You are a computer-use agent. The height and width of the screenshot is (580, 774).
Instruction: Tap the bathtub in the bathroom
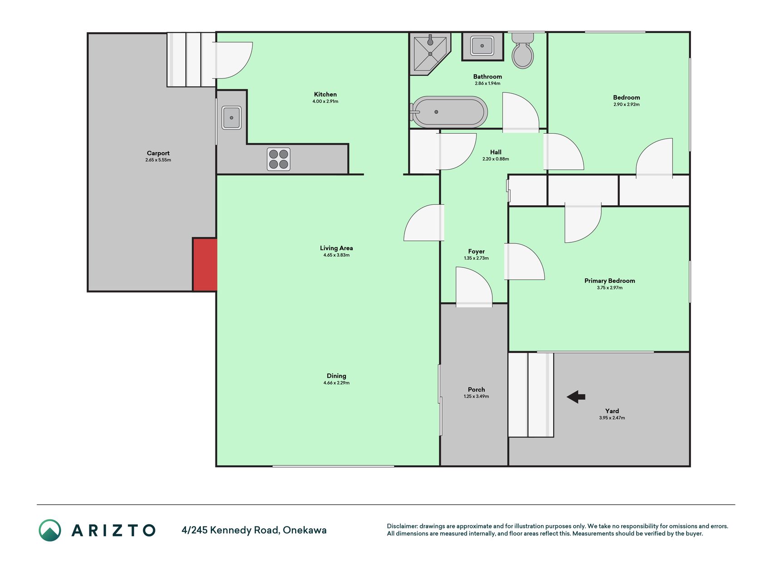[449, 112]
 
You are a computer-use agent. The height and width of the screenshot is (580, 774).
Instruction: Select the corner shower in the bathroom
[430, 53]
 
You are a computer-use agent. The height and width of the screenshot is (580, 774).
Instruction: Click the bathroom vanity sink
[482, 46]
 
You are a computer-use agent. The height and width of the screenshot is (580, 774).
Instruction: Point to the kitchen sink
[231, 118]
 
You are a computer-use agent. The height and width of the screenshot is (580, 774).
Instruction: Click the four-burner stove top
[278, 159]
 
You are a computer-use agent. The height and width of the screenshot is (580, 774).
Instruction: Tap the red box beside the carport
[205, 265]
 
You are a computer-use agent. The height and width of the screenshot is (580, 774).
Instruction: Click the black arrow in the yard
[576, 397]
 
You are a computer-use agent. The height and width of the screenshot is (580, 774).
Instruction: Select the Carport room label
[158, 153]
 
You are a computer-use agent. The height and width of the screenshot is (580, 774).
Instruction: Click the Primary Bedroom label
[609, 281]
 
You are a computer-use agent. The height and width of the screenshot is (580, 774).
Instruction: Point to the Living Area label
[336, 248]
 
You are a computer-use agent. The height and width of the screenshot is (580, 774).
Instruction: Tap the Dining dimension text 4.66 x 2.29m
[336, 383]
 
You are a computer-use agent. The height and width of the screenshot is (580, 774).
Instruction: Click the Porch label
[477, 390]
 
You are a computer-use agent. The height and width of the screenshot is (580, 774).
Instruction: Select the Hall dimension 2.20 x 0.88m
[496, 159]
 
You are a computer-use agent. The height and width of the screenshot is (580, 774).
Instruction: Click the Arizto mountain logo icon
[50, 530]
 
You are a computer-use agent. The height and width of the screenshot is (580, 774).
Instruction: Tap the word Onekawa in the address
[305, 530]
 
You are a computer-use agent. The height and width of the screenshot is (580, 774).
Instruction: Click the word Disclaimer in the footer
[402, 526]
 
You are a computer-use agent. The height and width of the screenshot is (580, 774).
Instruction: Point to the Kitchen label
[326, 94]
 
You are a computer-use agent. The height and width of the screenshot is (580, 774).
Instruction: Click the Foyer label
[477, 251]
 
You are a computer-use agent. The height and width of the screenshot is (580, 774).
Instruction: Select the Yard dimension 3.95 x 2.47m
[612, 418]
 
